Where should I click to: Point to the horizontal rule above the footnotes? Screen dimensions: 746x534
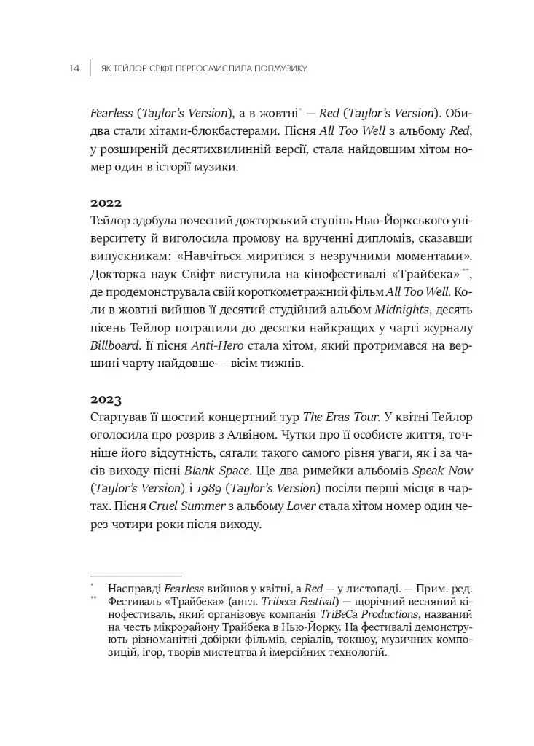coord(136,575)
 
